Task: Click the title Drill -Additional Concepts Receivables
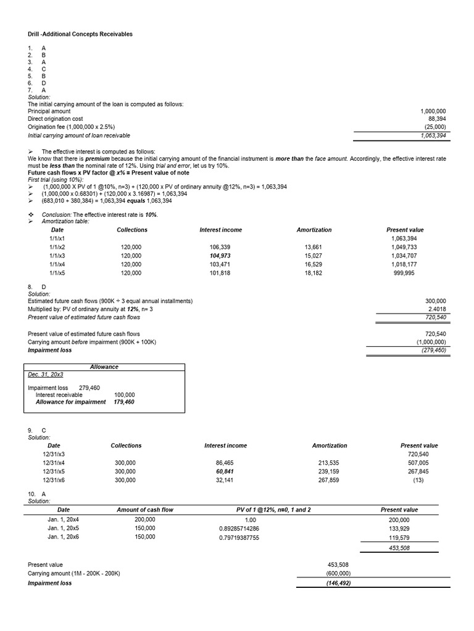(x=80, y=34)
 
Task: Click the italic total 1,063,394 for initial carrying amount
(x=433, y=136)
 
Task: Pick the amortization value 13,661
(x=314, y=246)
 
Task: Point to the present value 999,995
(x=404, y=272)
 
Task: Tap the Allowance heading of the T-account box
(x=104, y=367)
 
